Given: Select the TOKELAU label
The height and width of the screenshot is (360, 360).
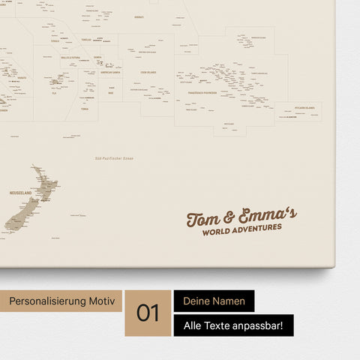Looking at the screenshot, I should [x=86, y=39].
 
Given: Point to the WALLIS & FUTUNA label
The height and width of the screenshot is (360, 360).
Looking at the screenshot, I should [x=72, y=57].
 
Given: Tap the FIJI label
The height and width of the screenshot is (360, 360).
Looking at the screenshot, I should [x=54, y=93].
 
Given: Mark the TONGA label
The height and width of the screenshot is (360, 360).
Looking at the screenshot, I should [x=85, y=109].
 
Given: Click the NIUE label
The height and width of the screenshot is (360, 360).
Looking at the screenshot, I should [x=111, y=93].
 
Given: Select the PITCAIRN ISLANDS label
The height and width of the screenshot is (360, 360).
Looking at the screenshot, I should [x=304, y=108].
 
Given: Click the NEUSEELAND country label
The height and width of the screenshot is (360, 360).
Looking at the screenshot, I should [x=20, y=193].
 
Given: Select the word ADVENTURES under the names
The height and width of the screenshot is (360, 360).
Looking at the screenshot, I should [x=256, y=229].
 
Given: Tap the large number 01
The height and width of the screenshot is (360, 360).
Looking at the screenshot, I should [x=148, y=313].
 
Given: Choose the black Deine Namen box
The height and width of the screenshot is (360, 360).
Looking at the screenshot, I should [x=214, y=301].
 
